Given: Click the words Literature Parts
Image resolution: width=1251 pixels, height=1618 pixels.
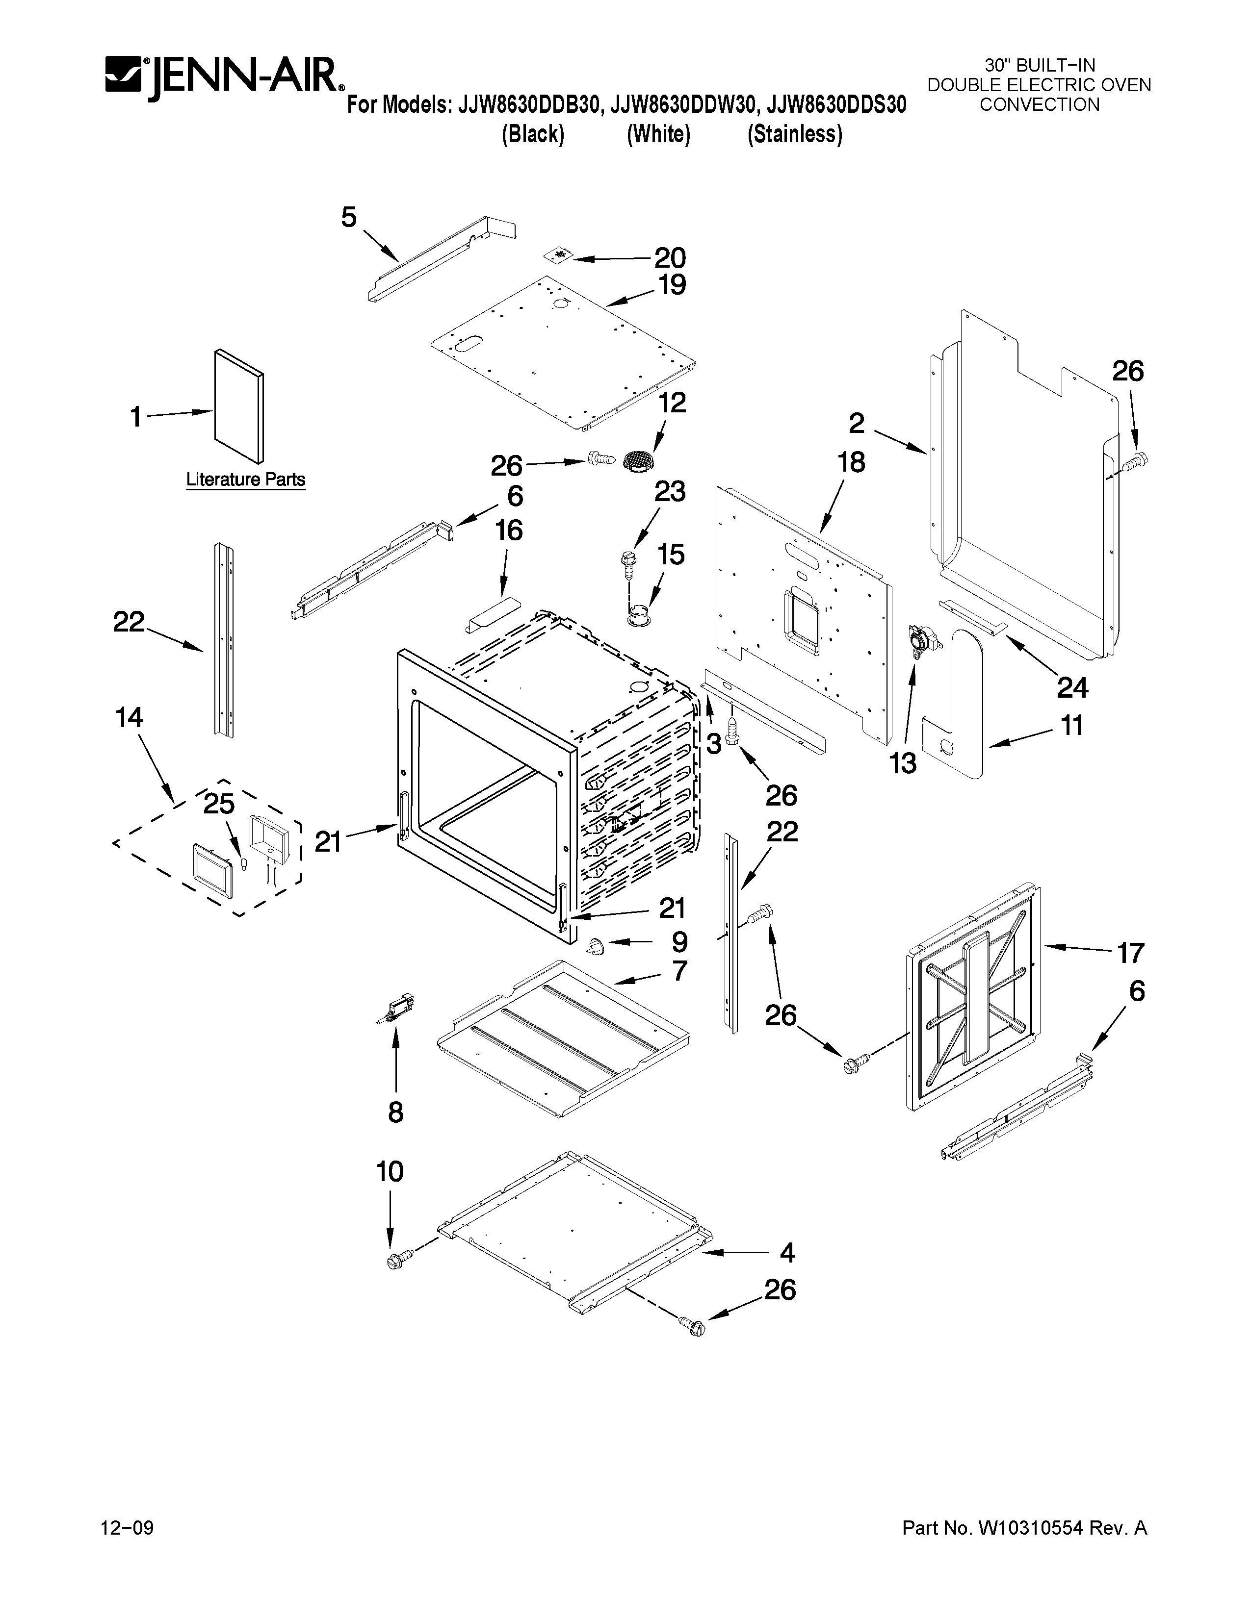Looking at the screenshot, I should click(245, 480).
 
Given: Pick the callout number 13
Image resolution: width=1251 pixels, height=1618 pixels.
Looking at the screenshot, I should click(903, 763).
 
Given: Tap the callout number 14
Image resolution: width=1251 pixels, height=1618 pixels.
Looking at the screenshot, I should click(129, 717).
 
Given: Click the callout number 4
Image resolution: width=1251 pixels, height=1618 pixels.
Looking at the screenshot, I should click(787, 1253).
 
